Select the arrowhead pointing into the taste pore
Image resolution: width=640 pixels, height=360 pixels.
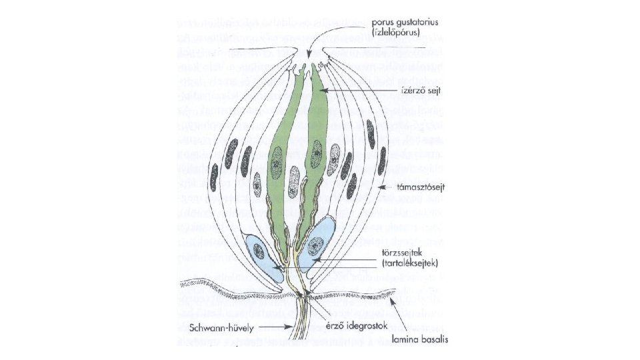312,59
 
